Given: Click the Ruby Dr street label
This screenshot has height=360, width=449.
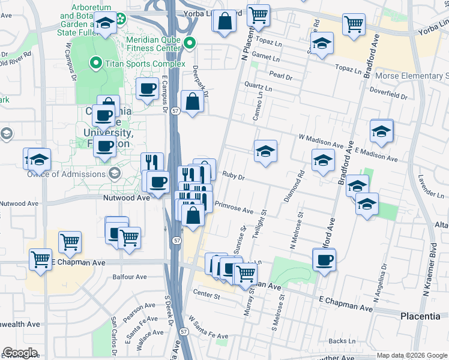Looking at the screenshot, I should coord(234,177).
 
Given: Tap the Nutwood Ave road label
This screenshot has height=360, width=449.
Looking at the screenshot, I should coord(126,197).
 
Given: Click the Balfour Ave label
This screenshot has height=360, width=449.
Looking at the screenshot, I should coord(130,277).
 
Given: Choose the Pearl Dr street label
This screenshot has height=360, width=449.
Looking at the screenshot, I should coord(280,77).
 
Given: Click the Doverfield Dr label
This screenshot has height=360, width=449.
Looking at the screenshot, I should coord(388,95).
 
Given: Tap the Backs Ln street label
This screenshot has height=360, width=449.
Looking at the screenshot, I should coord(342,341).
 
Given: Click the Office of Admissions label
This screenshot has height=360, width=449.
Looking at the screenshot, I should coord(66,174).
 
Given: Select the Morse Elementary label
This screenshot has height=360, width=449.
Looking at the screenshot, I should coord(412,76).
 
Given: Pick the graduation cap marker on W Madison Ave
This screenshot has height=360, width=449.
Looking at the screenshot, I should coord(265,151).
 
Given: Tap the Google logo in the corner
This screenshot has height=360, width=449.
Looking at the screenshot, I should coord(20,353).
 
